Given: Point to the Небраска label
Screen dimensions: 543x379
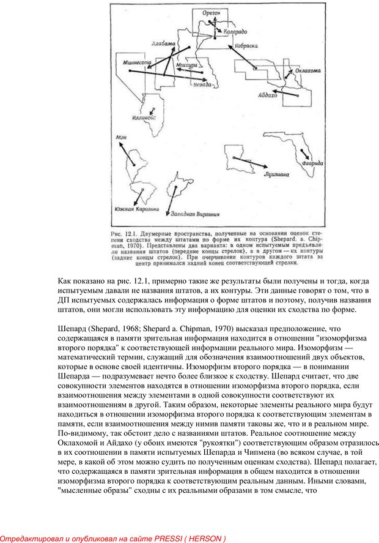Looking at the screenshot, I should click(x=245, y=45).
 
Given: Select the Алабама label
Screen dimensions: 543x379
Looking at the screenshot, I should click(x=162, y=44).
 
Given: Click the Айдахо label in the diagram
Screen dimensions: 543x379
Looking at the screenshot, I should click(x=268, y=96).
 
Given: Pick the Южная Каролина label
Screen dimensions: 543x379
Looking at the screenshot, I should click(x=136, y=209).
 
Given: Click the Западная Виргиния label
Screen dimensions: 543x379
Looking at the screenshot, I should click(x=195, y=215).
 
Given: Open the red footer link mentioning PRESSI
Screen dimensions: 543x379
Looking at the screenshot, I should click(x=113, y=538).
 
